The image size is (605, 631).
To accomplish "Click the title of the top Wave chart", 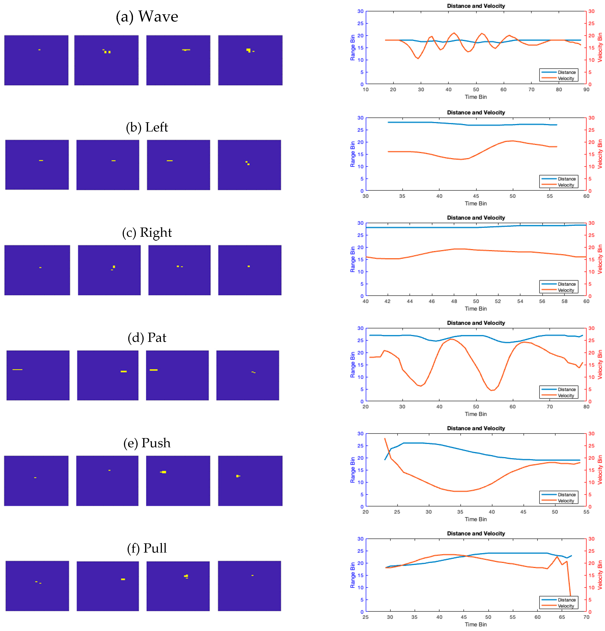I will (x=476, y=6).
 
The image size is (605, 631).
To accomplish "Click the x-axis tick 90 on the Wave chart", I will (x=586, y=90).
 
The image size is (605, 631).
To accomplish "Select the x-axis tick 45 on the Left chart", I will (x=476, y=196).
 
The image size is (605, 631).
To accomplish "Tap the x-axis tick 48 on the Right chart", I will (x=454, y=301).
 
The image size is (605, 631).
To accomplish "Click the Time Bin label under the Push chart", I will (x=476, y=519).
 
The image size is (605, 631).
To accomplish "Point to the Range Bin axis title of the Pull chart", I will (x=352, y=575).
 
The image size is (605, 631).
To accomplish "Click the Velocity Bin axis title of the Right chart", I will (x=600, y=259).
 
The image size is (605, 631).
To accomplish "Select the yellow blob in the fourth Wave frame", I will (x=248, y=50).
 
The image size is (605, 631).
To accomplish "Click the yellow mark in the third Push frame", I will (x=163, y=472).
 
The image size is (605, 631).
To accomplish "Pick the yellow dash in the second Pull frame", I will (x=123, y=579).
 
